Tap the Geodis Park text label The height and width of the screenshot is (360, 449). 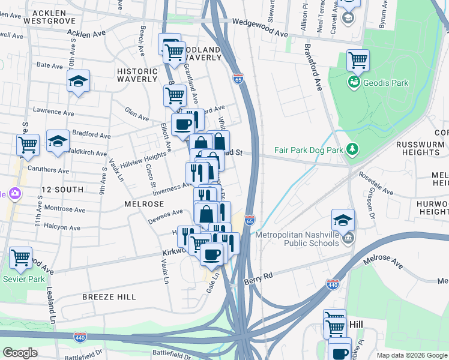[381, 82]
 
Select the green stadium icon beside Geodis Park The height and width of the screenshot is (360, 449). [354, 82]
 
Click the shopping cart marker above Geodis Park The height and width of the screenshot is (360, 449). [358, 59]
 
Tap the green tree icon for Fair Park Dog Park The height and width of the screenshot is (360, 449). [354, 148]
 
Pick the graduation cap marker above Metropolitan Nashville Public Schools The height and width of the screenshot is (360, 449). [343, 218]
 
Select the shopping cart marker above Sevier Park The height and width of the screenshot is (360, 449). [20, 257]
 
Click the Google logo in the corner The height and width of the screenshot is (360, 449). [20, 353]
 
